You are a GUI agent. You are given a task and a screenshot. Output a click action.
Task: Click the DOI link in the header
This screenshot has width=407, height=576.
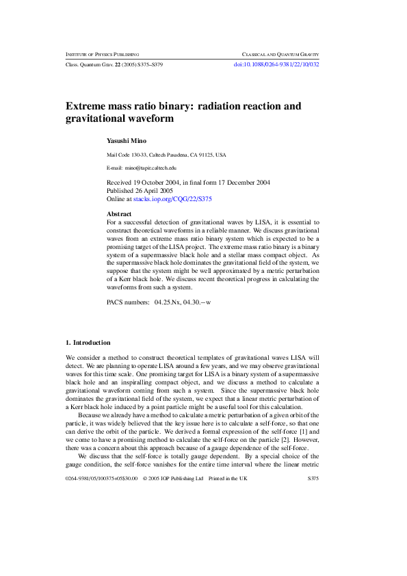coord(276,64)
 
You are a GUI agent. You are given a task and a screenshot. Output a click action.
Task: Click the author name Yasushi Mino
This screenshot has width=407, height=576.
coord(127,140)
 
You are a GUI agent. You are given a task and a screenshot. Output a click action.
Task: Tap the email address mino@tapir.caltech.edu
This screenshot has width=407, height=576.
coord(150,168)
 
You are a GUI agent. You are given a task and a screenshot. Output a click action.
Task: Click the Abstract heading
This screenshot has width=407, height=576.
coord(120,214)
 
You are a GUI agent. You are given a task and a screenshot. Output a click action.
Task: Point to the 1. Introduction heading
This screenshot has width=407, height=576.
coord(88,342)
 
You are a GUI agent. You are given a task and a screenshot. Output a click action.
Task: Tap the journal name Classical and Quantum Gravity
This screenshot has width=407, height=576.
coord(280,54)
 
